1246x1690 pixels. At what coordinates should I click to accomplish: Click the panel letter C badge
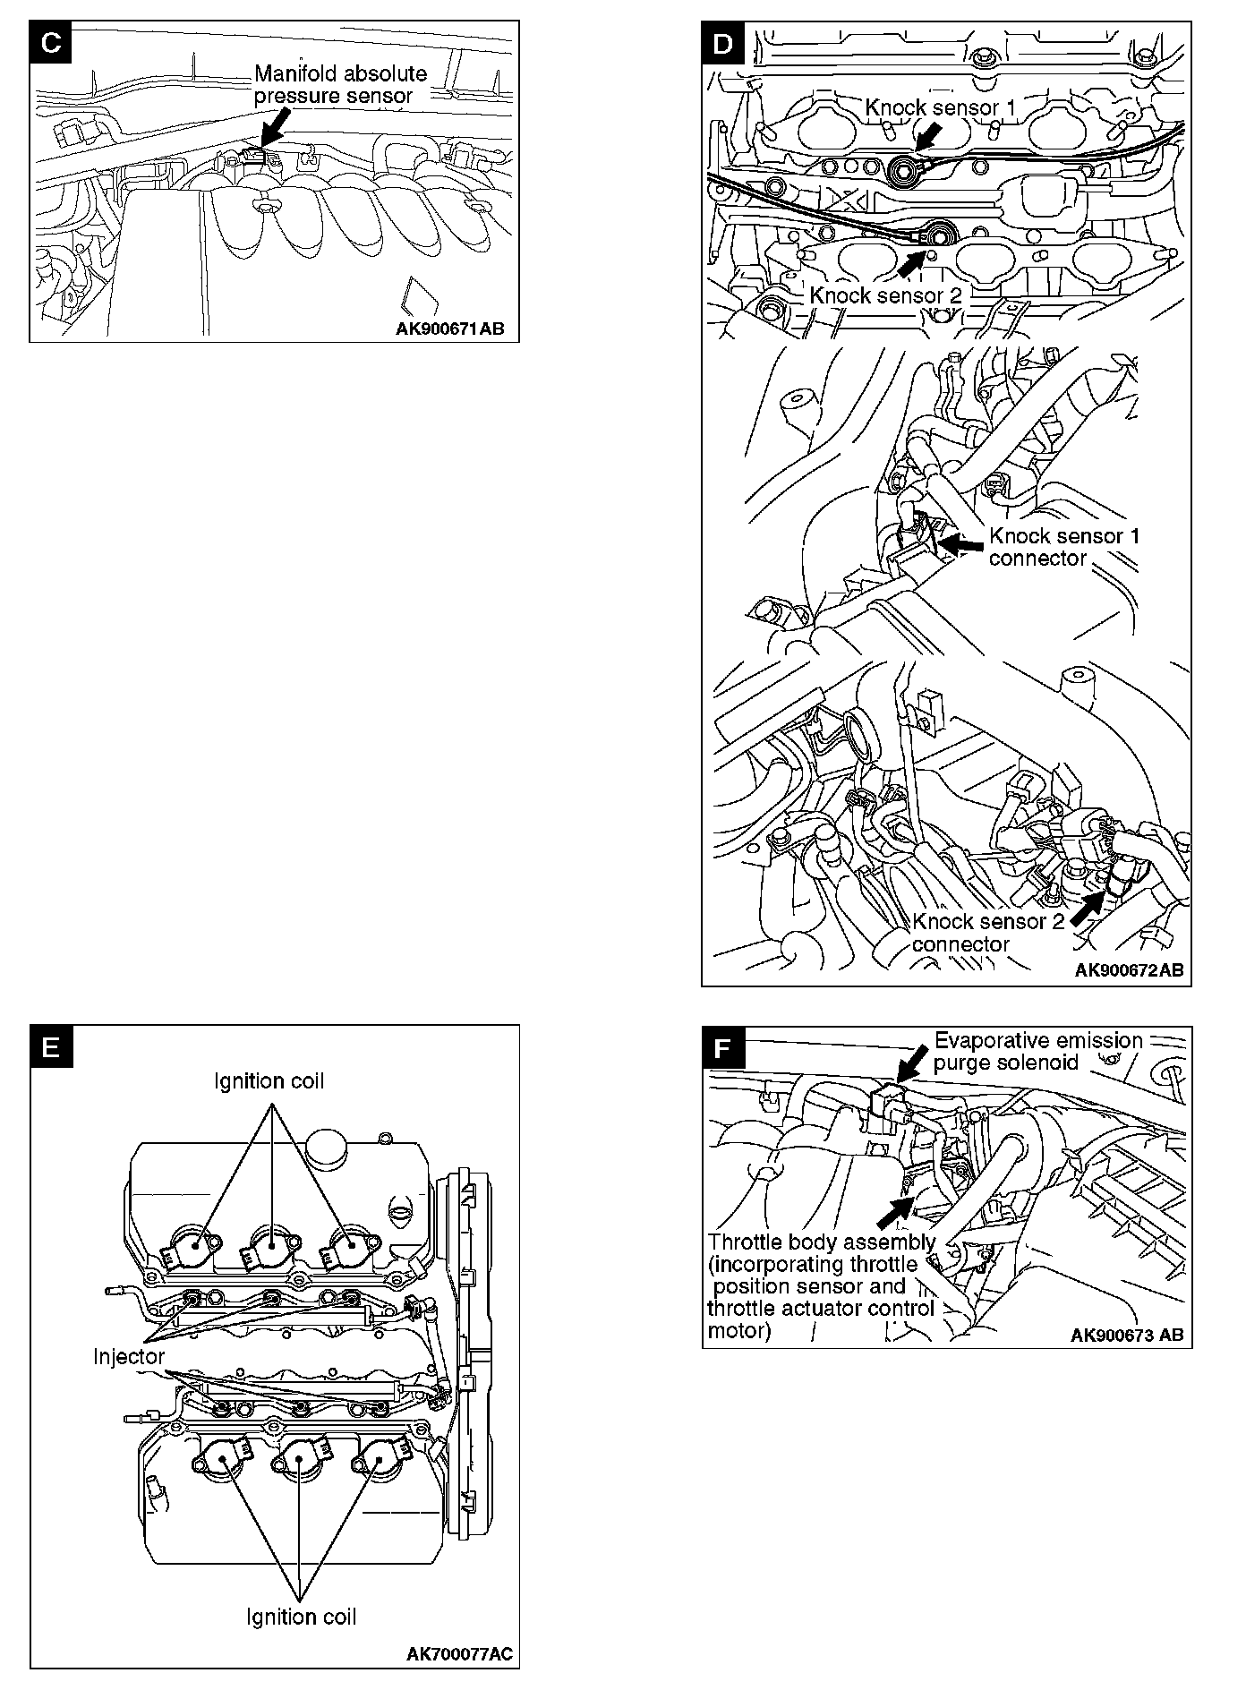pos(51,43)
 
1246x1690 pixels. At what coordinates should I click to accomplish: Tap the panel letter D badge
pos(723,43)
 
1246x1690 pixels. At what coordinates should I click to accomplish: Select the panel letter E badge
pos(51,1046)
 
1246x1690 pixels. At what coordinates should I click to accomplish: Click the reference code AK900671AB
pos(449,329)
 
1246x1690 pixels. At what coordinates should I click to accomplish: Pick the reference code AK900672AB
pos(1129,970)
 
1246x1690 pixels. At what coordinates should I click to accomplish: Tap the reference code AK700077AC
pos(460,1654)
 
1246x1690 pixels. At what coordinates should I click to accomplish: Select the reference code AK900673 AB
pos(1127,1335)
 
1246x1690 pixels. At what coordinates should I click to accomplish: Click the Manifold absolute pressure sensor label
pos(340,84)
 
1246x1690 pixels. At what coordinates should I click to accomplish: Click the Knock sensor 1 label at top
pos(940,107)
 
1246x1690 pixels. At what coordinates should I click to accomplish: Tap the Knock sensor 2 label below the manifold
pos(884,295)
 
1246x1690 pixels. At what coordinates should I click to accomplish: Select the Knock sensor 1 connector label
pos(1063,547)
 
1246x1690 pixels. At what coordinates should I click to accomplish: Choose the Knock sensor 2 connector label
pos(988,933)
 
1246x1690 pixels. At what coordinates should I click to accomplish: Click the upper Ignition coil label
pos(269,1081)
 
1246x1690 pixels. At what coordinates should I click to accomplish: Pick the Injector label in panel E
pos(129,1356)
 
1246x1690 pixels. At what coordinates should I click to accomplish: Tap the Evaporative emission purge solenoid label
pos(1037,1051)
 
